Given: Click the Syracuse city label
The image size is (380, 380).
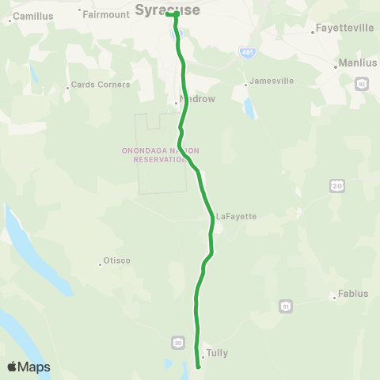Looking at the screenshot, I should [166, 9].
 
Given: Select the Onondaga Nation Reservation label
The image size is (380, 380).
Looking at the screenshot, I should [161, 154].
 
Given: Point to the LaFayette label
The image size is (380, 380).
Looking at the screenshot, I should [236, 215].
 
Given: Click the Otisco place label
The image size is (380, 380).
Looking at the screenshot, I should [116, 261].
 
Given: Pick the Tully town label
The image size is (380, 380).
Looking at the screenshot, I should [216, 353].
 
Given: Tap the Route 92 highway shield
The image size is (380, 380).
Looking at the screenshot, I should [361, 84].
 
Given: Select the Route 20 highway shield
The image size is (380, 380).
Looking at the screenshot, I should [336, 185].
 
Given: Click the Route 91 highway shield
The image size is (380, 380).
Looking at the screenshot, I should [285, 305].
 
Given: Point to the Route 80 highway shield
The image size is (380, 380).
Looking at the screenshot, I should [178, 342].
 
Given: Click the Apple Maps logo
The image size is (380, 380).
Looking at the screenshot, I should [28, 367].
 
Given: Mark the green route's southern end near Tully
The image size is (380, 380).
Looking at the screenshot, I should [198, 367].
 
